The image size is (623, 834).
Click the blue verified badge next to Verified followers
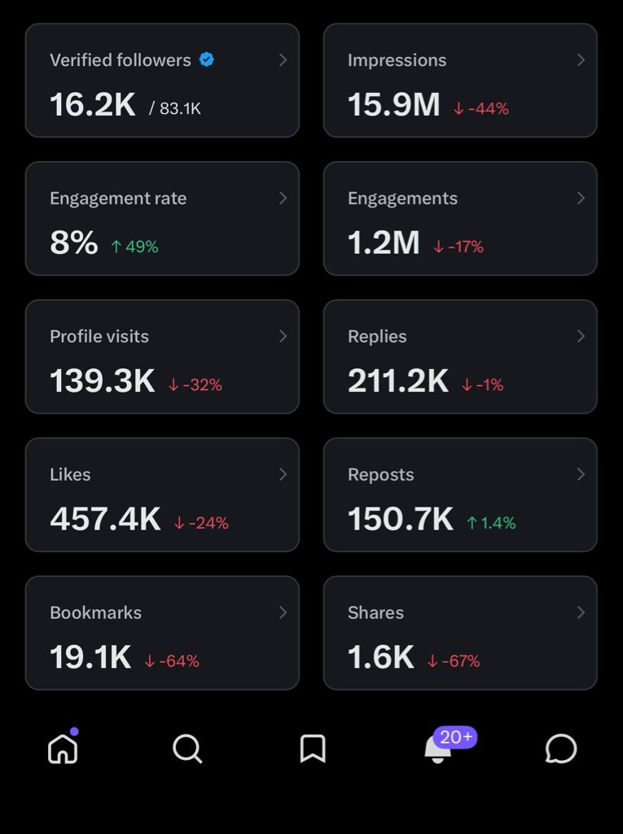(x=207, y=59)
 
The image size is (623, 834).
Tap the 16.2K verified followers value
(x=92, y=105)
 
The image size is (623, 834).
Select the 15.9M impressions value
(x=393, y=105)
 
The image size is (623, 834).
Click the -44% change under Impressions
(x=481, y=108)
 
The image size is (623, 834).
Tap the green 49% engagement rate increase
(x=134, y=246)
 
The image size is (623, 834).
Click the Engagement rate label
(x=118, y=198)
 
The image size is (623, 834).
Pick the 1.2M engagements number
(x=384, y=243)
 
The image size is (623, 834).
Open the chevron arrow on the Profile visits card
(x=283, y=336)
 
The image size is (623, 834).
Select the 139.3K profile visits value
(x=102, y=381)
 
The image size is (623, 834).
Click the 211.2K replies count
(x=397, y=381)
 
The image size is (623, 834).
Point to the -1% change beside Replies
(x=483, y=384)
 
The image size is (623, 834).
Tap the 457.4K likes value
(x=105, y=520)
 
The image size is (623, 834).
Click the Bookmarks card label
(x=95, y=612)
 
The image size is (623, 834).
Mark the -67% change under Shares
(x=454, y=661)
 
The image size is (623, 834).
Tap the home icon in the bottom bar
(x=63, y=748)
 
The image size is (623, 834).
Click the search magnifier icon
(x=187, y=748)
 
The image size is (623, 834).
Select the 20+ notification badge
(x=454, y=737)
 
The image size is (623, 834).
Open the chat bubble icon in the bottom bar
(x=560, y=748)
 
